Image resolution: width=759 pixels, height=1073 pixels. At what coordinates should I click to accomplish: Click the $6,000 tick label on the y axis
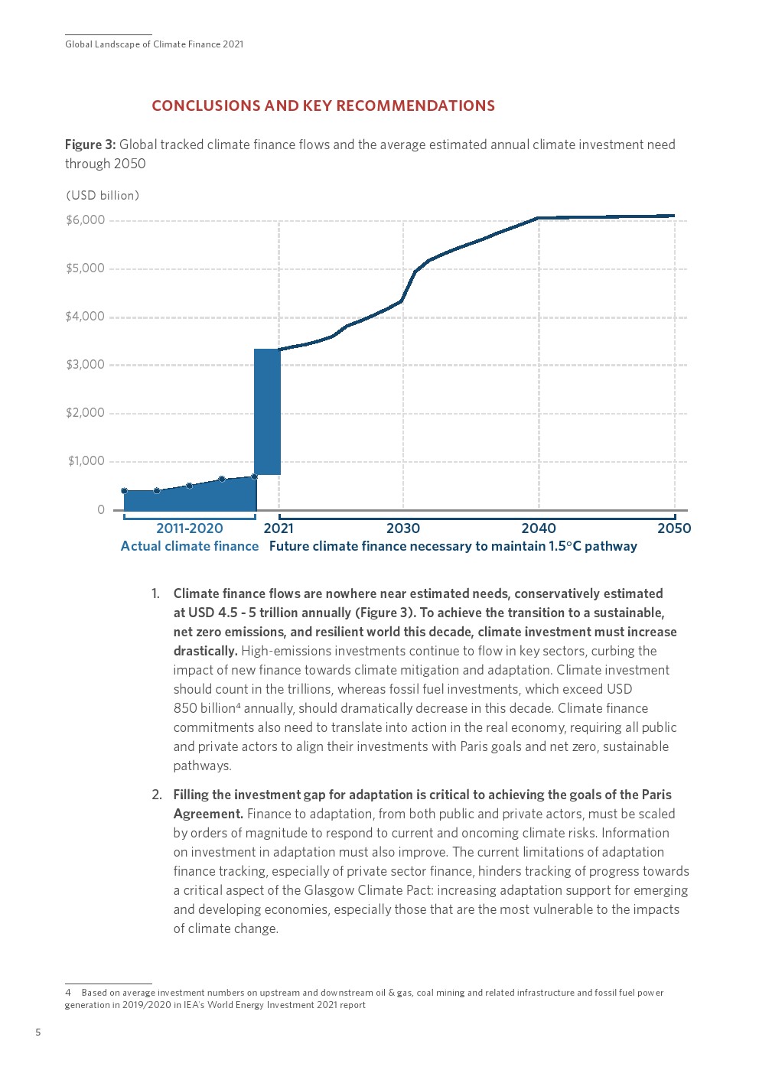pyautogui.click(x=85, y=220)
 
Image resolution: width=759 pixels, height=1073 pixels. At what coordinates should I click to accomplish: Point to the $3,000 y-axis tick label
pyautogui.click(x=85, y=365)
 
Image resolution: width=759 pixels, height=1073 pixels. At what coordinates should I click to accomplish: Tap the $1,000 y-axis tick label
pyautogui.click(x=86, y=461)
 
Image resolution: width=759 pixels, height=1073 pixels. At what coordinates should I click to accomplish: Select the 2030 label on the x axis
pyautogui.click(x=403, y=528)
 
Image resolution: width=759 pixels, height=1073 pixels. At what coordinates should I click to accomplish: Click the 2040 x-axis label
pyautogui.click(x=539, y=528)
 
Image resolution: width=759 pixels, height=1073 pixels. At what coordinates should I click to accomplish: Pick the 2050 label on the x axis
pyautogui.click(x=673, y=528)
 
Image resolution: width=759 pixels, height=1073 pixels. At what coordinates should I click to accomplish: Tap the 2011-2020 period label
pyautogui.click(x=189, y=528)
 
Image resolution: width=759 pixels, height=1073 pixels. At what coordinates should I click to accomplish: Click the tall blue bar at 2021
pyautogui.click(x=267, y=411)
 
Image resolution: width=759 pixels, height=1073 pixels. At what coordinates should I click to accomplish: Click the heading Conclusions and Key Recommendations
pyautogui.click(x=323, y=106)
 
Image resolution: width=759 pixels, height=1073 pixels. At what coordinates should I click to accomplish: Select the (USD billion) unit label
pyautogui.click(x=103, y=196)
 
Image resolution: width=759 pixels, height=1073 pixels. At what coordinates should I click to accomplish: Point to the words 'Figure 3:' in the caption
pyautogui.click(x=90, y=145)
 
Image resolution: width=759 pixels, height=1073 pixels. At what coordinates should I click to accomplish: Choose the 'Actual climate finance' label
pyautogui.click(x=190, y=546)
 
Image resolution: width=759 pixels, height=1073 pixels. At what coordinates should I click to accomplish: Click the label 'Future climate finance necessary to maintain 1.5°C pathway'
pyautogui.click(x=453, y=546)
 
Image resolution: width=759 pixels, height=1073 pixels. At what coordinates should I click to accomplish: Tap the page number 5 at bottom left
pyautogui.click(x=38, y=1032)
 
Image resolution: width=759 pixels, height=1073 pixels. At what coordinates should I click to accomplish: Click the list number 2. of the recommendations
pyautogui.click(x=157, y=795)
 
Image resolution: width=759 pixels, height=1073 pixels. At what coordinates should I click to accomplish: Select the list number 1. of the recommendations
pyautogui.click(x=156, y=593)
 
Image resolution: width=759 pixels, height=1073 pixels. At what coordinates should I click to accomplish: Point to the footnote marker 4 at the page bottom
pyautogui.click(x=68, y=993)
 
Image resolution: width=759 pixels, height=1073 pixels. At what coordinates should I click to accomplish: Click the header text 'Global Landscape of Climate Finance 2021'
pyautogui.click(x=155, y=44)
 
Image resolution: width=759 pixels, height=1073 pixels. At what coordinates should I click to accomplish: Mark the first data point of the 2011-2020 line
pyautogui.click(x=124, y=491)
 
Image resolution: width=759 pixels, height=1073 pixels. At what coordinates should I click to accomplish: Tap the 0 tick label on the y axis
pyautogui.click(x=100, y=510)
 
